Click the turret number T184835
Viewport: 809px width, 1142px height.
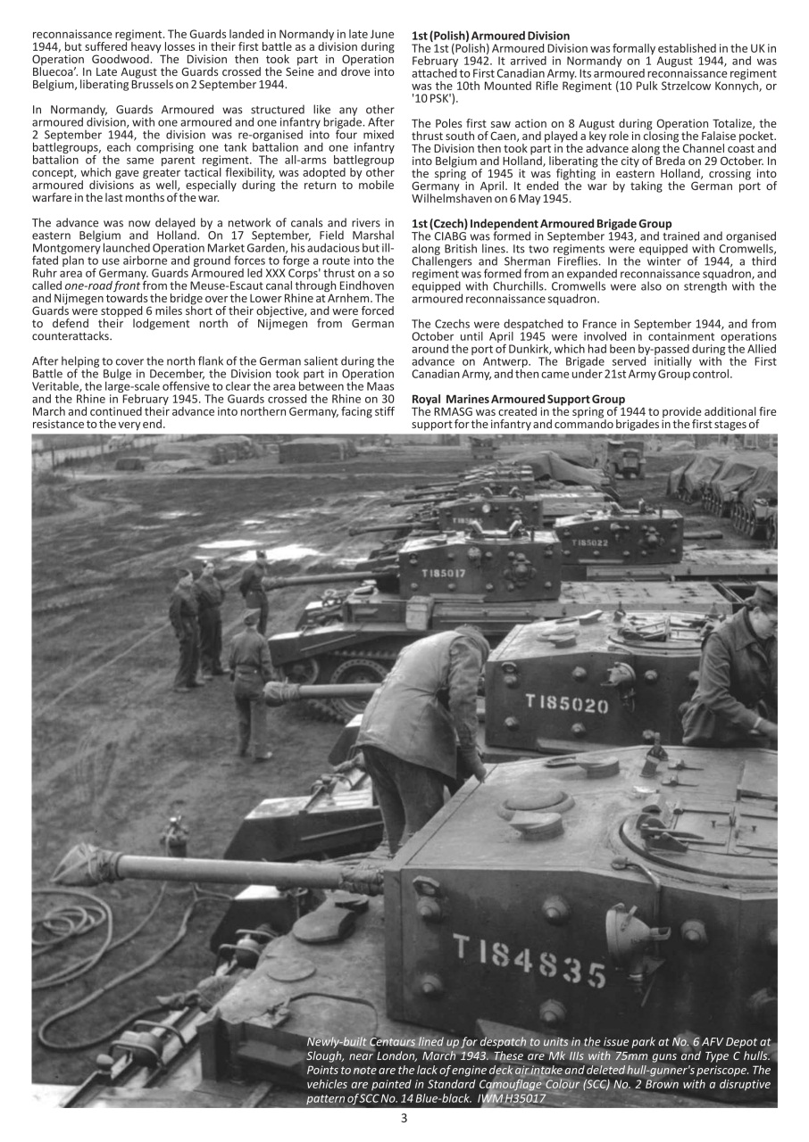click(x=528, y=961)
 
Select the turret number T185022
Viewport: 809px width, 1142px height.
click(x=590, y=542)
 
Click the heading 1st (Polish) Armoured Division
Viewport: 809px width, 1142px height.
click(x=490, y=36)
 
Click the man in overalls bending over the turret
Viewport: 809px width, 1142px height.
click(x=418, y=723)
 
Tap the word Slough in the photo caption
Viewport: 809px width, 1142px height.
click(x=327, y=1055)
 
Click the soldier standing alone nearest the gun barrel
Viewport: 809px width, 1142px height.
click(x=252, y=683)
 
